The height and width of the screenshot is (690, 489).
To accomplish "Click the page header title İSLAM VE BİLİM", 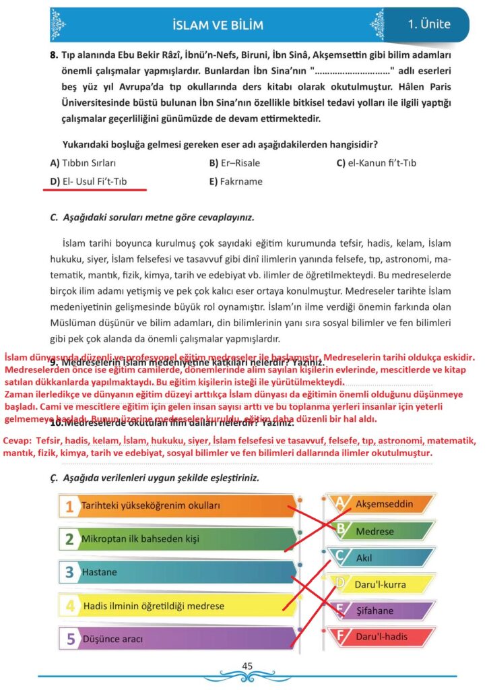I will click(x=216, y=26).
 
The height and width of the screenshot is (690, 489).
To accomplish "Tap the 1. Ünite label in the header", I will click(x=429, y=25).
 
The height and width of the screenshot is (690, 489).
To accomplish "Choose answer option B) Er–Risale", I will click(x=234, y=163).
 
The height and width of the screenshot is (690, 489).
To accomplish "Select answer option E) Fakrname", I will click(x=236, y=182).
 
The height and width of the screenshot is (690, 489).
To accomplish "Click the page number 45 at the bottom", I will click(x=247, y=666).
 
